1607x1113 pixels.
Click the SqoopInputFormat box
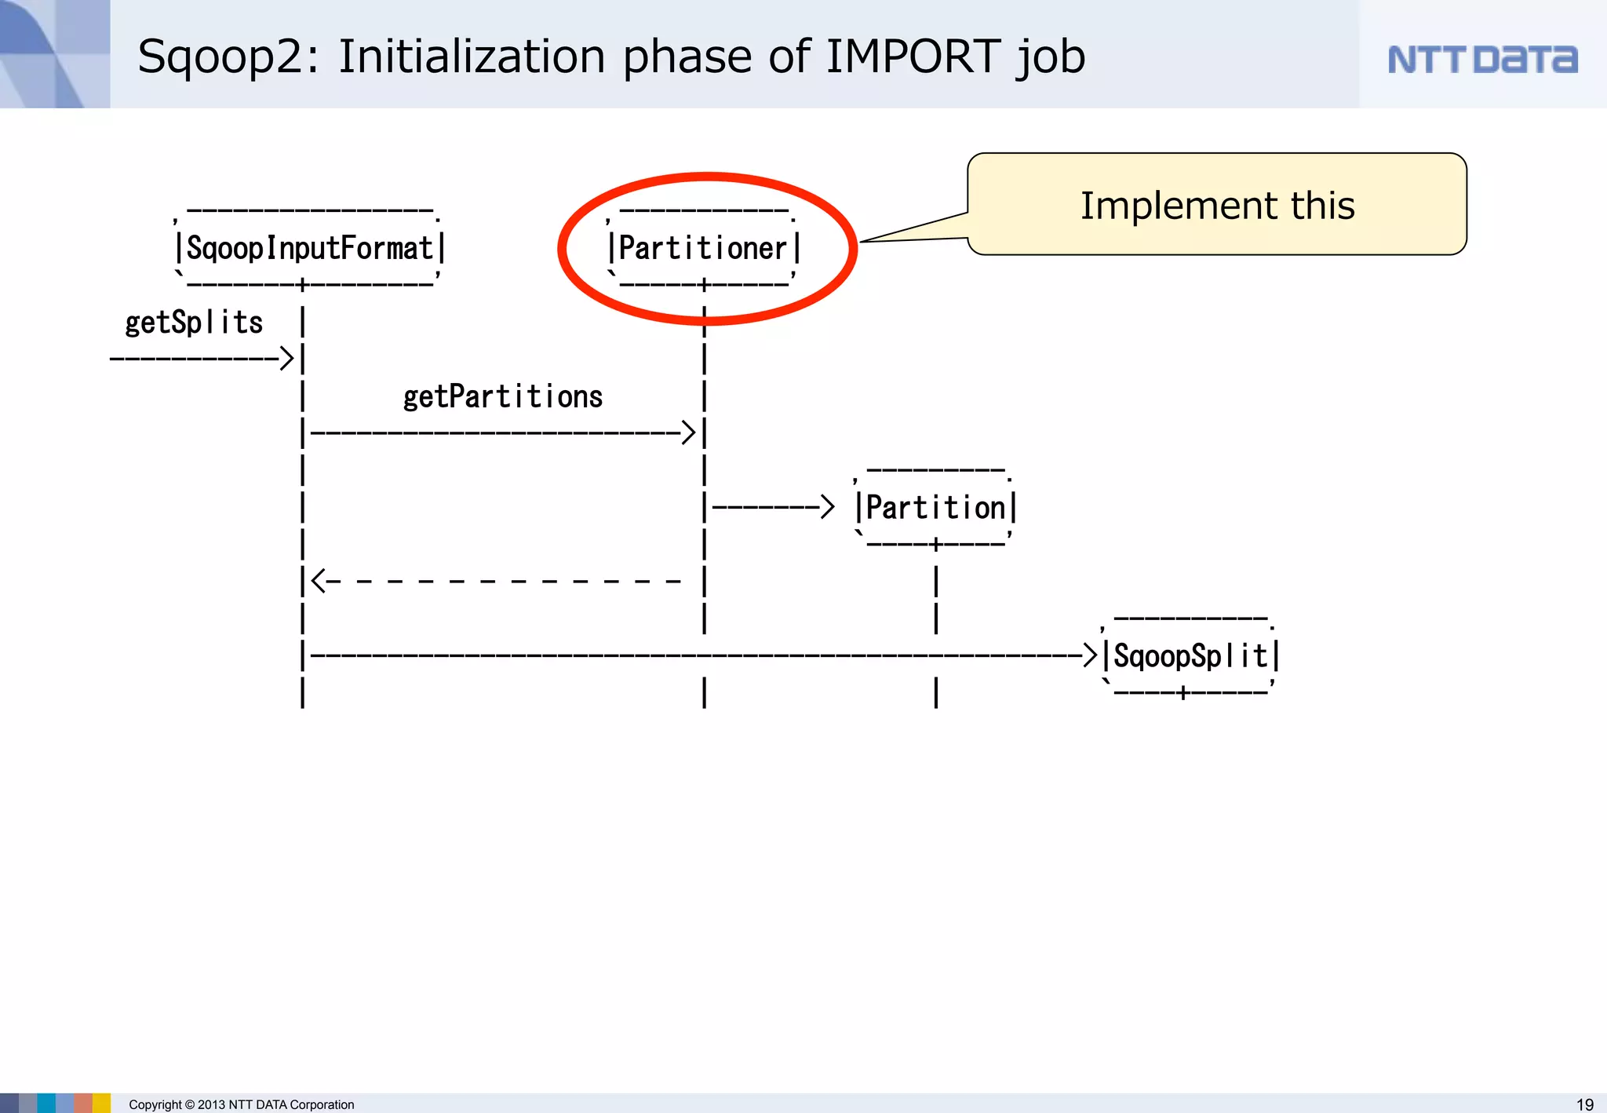click(x=309, y=248)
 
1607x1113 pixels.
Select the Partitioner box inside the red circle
click(x=704, y=248)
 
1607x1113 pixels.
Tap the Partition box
click(x=935, y=508)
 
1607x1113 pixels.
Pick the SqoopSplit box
click(x=1190, y=656)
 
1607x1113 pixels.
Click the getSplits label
click(x=194, y=323)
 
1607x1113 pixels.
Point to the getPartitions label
click(x=503, y=397)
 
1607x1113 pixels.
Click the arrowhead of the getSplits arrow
click(x=287, y=359)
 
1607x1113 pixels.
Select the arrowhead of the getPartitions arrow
click(x=688, y=432)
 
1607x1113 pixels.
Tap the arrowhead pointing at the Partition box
click(x=827, y=507)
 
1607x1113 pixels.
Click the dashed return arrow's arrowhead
click(x=319, y=582)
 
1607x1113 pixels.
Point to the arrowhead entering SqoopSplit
click(x=1090, y=655)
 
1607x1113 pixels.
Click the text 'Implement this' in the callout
click(x=1217, y=206)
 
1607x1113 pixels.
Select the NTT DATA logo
click(x=1482, y=60)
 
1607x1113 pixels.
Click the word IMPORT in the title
click(x=913, y=57)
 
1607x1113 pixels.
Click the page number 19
click(x=1585, y=1104)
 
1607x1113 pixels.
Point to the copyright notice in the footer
click(x=242, y=1104)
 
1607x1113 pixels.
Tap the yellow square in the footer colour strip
click(x=102, y=1103)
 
